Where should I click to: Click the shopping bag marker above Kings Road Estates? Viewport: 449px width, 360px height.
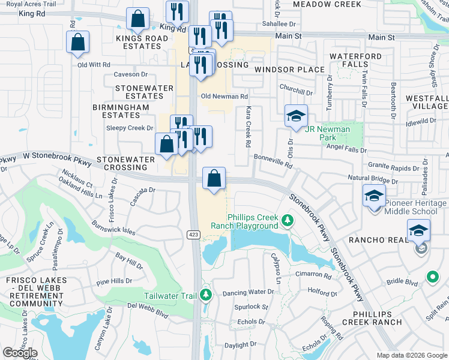138,19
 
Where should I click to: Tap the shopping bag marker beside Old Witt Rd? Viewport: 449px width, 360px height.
78,42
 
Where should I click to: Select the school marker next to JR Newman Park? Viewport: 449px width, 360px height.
295,116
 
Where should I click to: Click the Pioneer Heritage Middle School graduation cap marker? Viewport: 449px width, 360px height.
374,196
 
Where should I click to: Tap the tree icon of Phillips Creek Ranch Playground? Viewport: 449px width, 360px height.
288,221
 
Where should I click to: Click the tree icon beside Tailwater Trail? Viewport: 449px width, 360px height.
206,295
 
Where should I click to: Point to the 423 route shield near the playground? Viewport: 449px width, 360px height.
193,234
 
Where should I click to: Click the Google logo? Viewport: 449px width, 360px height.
20,353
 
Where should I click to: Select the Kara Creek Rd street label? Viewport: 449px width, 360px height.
247,127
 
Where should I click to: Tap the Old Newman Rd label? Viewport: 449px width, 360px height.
224,96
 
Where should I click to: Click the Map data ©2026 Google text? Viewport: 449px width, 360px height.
411,355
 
